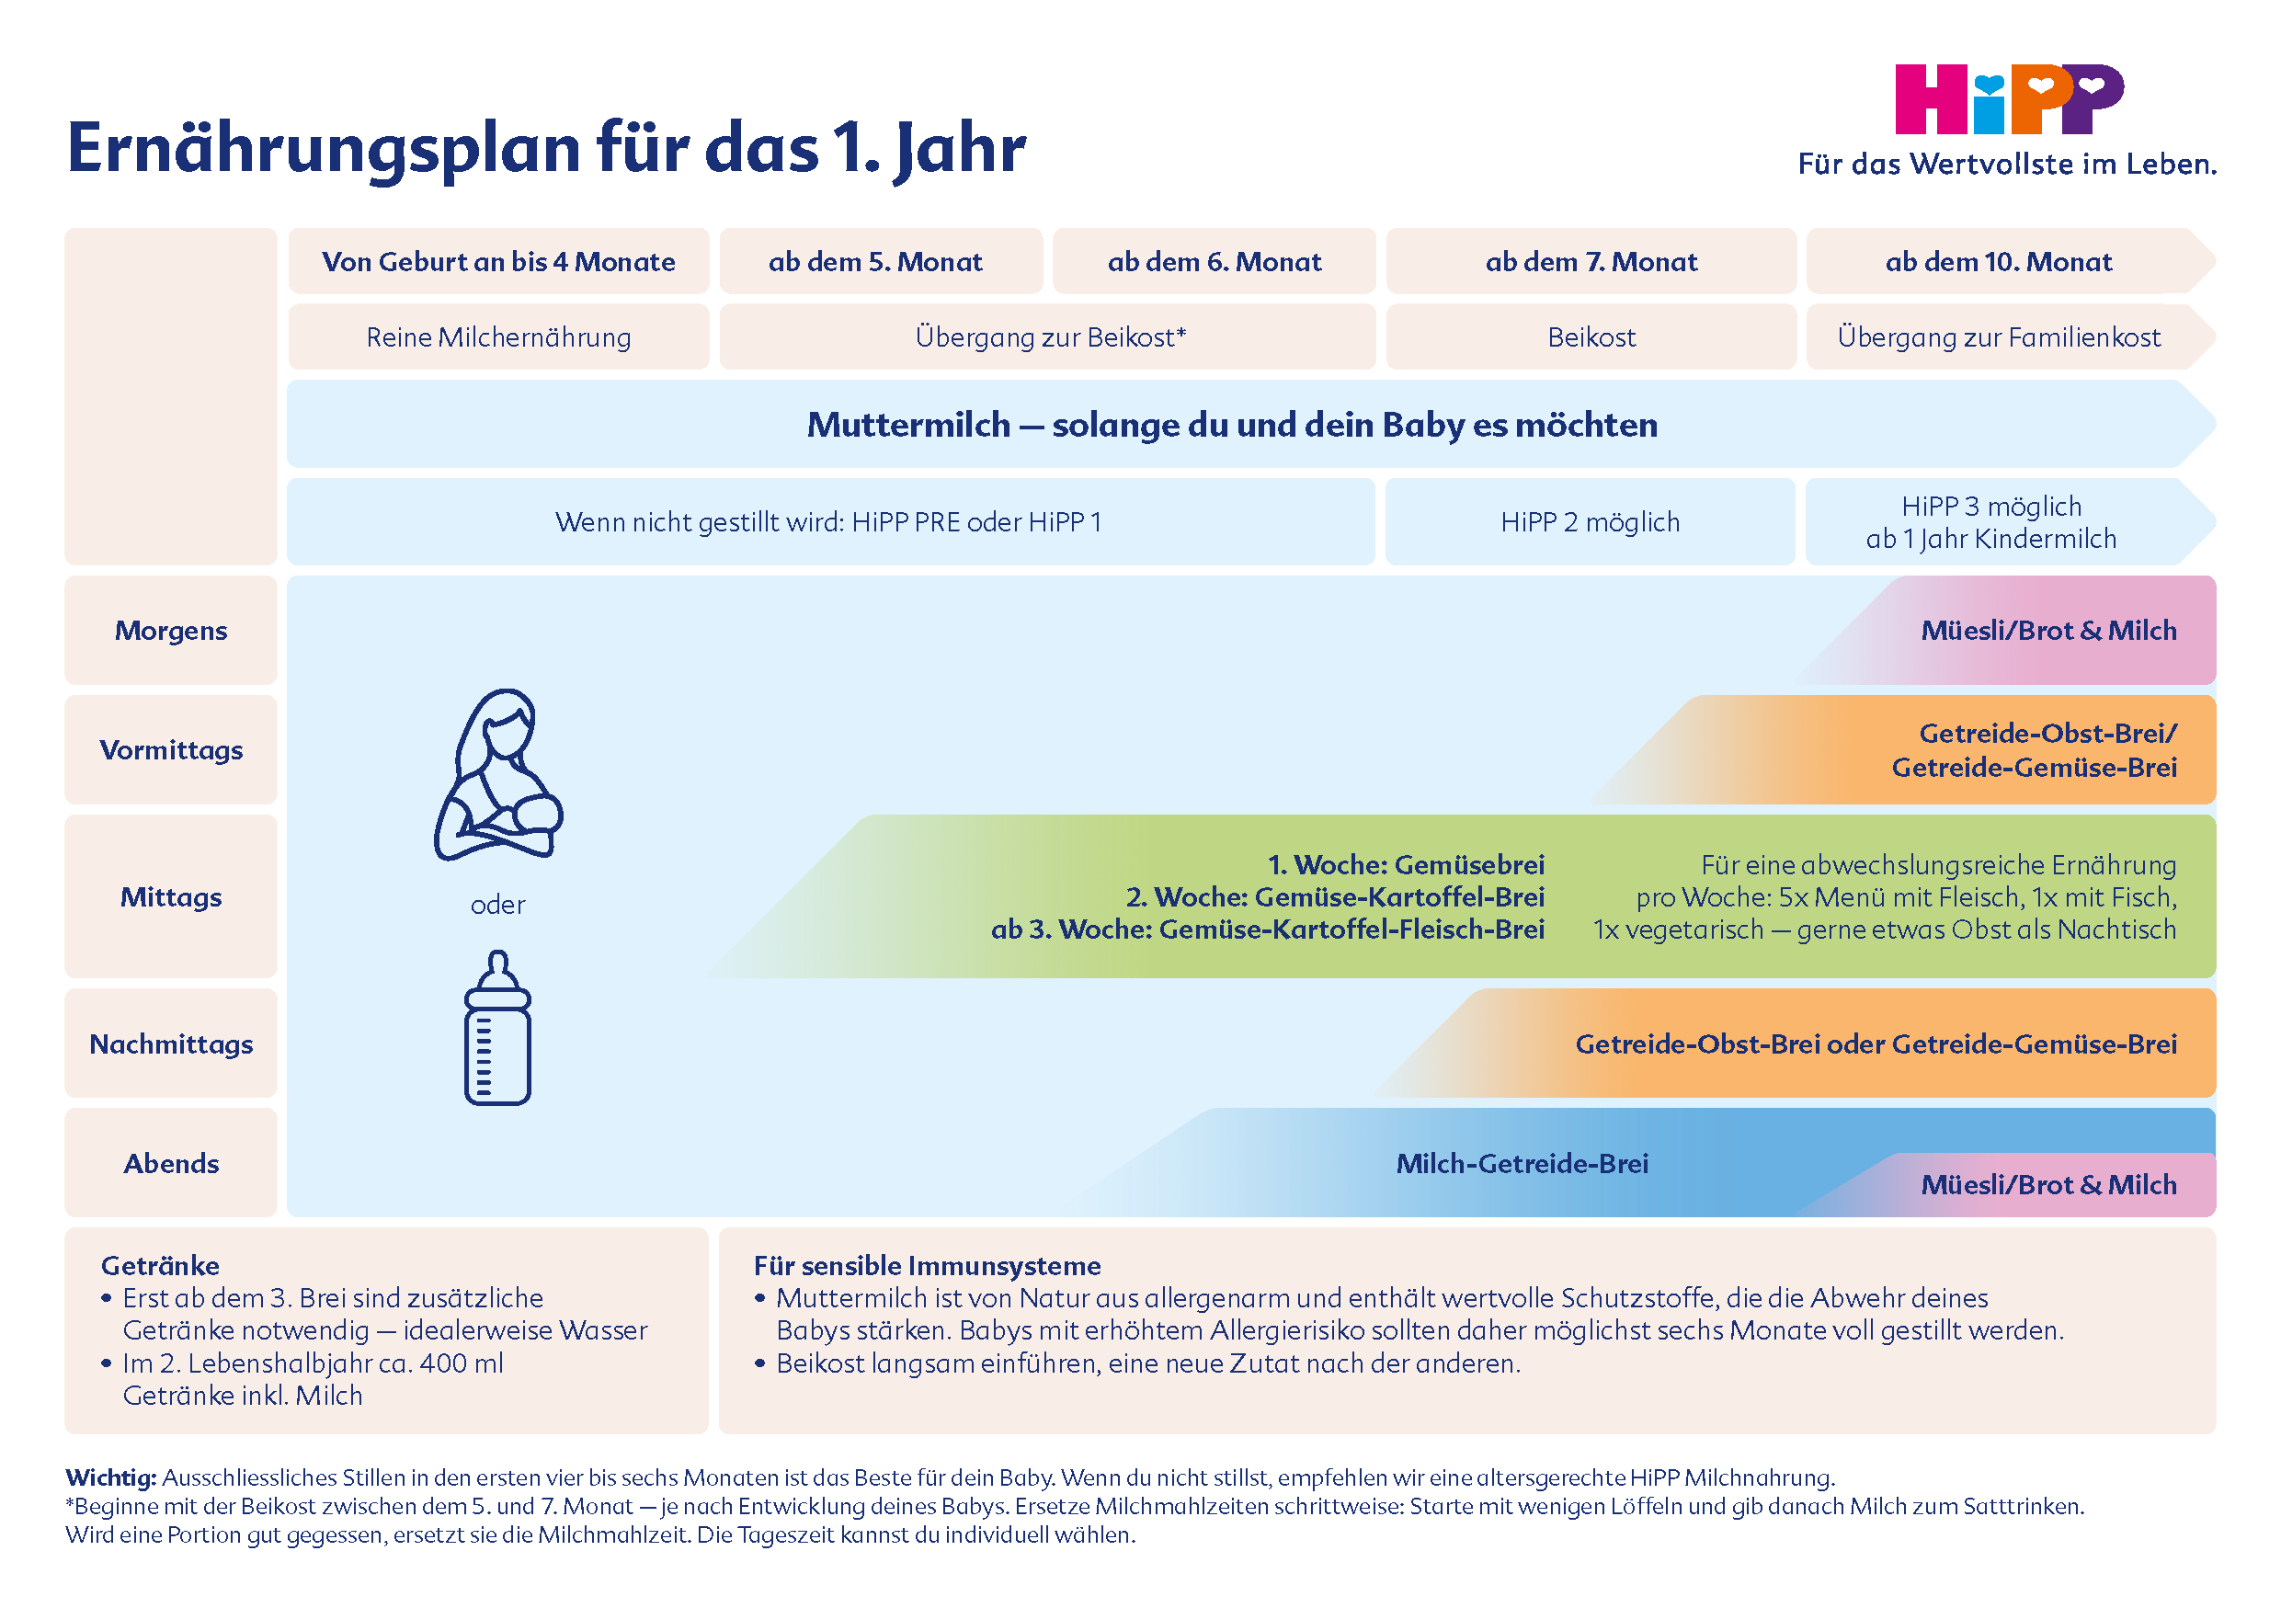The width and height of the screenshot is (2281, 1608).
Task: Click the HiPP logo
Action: pos(2009,99)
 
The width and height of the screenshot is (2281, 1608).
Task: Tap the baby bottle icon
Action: pos(497,1028)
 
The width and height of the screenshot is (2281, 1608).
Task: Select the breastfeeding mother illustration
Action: pos(497,775)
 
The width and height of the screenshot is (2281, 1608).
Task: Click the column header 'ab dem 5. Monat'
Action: pos(875,262)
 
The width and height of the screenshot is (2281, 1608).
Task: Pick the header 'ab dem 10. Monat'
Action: pos(1998,262)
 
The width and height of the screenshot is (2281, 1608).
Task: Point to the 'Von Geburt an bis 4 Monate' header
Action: pos(498,262)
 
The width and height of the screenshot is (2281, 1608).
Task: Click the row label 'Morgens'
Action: pos(171,631)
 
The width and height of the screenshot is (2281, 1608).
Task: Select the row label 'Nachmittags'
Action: pos(171,1043)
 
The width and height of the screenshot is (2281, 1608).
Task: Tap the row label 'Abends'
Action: pos(171,1163)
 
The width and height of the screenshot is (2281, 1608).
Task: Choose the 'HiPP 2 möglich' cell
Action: pos(1591,522)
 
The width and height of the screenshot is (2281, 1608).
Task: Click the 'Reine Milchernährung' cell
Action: pos(498,337)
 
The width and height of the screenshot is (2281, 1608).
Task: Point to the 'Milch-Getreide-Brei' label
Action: pos(1522,1163)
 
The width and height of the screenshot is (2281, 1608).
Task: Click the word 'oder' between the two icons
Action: pos(497,905)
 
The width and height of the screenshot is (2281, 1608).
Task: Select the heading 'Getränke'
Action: pos(160,1265)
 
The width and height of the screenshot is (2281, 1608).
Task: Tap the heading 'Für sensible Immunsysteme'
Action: pos(927,1265)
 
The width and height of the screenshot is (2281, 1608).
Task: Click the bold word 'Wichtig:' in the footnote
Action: pos(110,1477)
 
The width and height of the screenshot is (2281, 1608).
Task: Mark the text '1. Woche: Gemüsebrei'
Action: pos(1406,865)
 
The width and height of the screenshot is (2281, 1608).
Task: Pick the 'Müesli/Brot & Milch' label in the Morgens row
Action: pos(2048,631)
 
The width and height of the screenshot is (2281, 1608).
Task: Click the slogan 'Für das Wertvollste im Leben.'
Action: pos(2007,165)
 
